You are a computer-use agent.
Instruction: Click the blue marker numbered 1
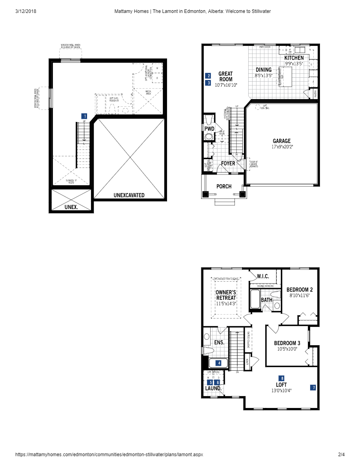(84, 116)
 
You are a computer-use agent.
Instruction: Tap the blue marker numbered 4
(219, 363)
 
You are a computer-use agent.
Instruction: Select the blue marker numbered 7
(313, 388)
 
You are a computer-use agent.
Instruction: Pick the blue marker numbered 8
(282, 378)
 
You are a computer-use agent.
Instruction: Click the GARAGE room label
(282, 141)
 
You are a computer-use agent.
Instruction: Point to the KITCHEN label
(294, 58)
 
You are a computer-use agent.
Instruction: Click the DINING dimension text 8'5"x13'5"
(264, 76)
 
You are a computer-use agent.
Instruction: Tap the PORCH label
(224, 186)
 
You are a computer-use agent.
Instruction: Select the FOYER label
(228, 164)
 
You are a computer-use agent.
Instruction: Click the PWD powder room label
(209, 128)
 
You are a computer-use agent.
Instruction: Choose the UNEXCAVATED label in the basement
(129, 195)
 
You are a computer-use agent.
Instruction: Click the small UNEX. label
(71, 207)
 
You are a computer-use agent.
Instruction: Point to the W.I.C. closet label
(263, 276)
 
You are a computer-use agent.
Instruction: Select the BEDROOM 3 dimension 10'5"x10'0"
(287, 349)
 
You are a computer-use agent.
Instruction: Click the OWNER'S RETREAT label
(226, 295)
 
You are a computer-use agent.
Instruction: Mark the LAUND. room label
(213, 388)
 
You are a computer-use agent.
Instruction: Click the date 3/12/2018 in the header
(26, 11)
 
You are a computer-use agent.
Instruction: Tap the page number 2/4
(341, 455)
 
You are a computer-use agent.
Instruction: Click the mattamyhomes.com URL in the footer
(109, 455)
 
